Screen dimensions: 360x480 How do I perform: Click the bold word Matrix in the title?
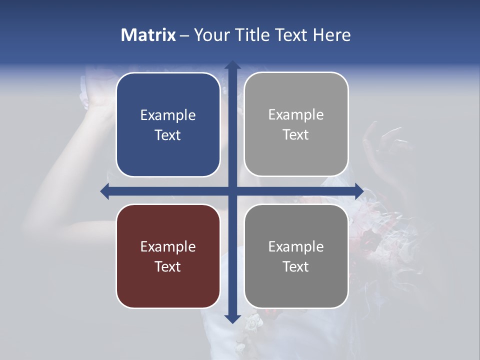[148, 35]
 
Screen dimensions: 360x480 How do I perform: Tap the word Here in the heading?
[332, 35]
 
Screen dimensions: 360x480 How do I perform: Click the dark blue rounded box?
[168, 124]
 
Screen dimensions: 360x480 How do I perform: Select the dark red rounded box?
[168, 256]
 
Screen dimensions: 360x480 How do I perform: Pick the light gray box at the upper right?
[296, 124]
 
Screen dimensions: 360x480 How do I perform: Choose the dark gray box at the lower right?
[296, 256]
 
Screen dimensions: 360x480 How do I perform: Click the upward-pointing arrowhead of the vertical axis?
[232, 65]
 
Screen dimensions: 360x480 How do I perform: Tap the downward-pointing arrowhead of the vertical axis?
[232, 318]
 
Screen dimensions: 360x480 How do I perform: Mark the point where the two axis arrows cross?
[232, 191]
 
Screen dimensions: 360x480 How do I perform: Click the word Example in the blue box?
[168, 115]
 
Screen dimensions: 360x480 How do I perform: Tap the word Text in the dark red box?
[168, 266]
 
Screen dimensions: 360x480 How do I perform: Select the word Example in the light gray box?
[296, 115]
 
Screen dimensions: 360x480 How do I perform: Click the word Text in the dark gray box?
[296, 266]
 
